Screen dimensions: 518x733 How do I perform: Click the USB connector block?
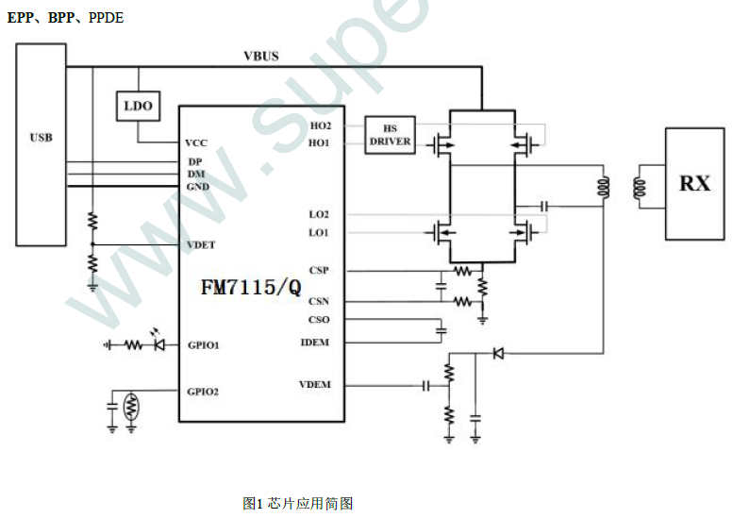41,140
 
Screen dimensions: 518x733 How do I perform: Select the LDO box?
138,107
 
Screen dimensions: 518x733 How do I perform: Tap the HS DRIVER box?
390,136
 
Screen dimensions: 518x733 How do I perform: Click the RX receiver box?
694,183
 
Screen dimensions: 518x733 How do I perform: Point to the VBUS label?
261,57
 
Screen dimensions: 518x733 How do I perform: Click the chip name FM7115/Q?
251,287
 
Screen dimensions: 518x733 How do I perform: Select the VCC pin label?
196,143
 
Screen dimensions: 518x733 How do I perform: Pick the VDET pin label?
201,245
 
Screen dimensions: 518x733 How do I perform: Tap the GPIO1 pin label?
203,345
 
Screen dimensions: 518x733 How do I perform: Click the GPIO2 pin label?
203,391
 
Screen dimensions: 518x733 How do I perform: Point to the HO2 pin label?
320,125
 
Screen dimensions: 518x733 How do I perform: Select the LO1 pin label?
319,232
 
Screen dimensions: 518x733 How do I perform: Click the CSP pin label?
319,271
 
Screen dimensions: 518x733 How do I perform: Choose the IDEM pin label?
315,342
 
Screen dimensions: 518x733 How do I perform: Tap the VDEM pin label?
314,385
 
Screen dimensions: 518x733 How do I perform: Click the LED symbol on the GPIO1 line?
158,345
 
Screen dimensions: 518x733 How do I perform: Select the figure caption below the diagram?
297,504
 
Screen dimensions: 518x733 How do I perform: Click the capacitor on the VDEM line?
426,385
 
